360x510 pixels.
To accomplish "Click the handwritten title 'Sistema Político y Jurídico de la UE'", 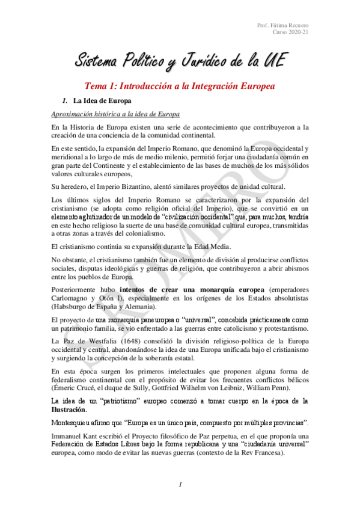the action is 180,60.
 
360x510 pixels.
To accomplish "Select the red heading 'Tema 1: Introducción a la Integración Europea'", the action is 180,87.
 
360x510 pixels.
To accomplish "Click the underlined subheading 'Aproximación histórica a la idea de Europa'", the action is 115,114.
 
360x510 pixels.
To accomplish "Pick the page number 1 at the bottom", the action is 180,484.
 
